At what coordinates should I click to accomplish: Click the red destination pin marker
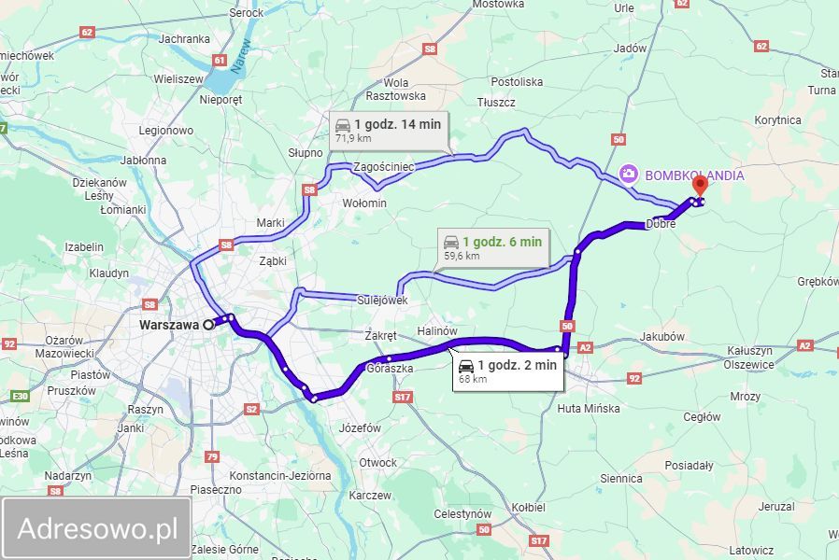(698, 185)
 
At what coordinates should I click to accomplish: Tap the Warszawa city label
(169, 325)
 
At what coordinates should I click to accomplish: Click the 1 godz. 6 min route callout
(492, 246)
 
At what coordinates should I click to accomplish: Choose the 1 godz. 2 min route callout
(508, 370)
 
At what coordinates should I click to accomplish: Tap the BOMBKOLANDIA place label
(693, 175)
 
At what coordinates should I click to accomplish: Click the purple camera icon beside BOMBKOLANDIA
(630, 174)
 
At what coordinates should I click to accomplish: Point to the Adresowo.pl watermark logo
(97, 528)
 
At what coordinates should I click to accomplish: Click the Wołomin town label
(364, 203)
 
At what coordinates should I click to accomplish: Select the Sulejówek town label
(383, 301)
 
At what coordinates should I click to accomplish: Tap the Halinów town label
(437, 330)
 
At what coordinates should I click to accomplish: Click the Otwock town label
(378, 462)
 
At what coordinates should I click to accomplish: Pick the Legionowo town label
(165, 131)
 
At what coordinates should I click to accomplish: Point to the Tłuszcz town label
(495, 102)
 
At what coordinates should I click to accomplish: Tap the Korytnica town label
(777, 120)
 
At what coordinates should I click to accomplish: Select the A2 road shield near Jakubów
(586, 347)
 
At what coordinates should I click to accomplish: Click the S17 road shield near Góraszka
(403, 398)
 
